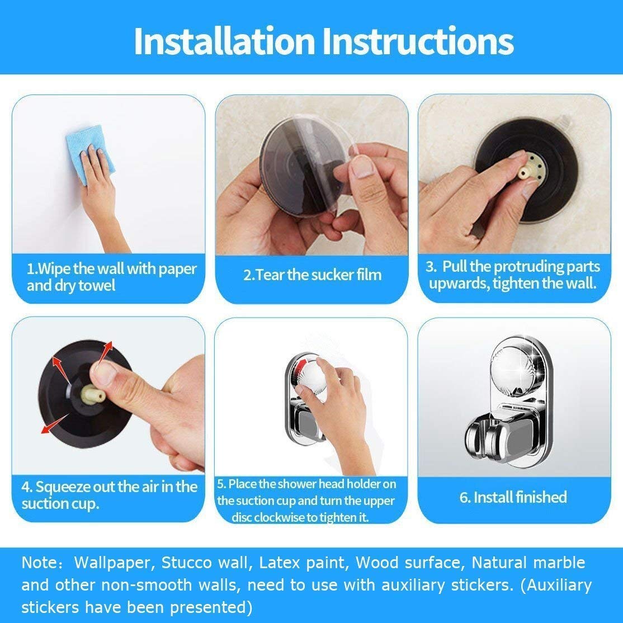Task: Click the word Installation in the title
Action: click(224, 41)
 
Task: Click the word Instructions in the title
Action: click(418, 41)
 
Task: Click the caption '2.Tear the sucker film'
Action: click(312, 275)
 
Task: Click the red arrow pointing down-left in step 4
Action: click(55, 423)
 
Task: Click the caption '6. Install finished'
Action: click(513, 497)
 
